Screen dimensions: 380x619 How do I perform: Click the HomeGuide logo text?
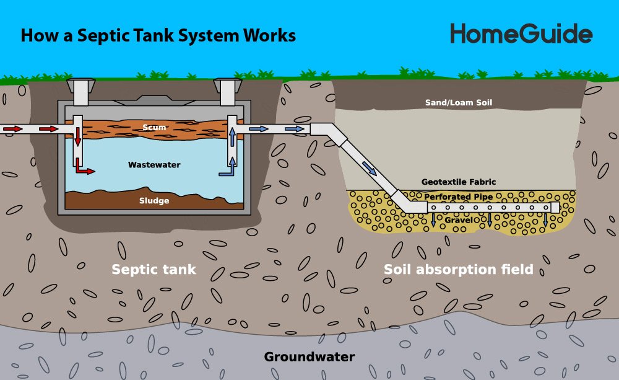pyautogui.click(x=521, y=33)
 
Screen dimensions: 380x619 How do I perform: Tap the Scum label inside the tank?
pyautogui.click(x=154, y=128)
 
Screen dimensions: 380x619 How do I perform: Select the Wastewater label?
pyautogui.click(x=154, y=165)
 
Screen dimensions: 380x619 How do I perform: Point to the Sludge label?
pyautogui.click(x=154, y=200)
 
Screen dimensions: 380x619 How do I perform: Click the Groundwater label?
pyautogui.click(x=309, y=357)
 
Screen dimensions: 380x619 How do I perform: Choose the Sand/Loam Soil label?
pyautogui.click(x=458, y=102)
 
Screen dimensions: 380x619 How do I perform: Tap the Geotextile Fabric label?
pyautogui.click(x=459, y=182)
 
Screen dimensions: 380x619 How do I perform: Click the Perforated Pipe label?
pyautogui.click(x=459, y=197)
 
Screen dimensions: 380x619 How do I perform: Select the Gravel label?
pyautogui.click(x=458, y=220)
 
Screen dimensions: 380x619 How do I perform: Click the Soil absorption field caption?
pyautogui.click(x=459, y=270)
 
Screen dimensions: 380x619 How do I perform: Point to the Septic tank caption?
pyautogui.click(x=154, y=270)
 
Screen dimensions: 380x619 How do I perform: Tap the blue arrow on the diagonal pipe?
pyautogui.click(x=369, y=167)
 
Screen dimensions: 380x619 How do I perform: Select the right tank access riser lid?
pyautogui.click(x=227, y=83)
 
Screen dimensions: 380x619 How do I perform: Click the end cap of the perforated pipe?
pyautogui.click(x=555, y=207)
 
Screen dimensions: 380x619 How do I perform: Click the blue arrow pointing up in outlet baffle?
pyautogui.click(x=232, y=136)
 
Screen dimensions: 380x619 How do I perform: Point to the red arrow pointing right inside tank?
pyautogui.click(x=85, y=169)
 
